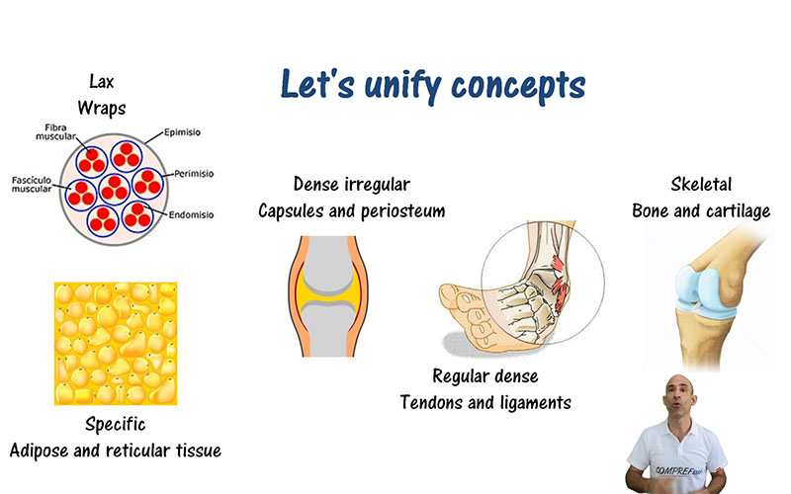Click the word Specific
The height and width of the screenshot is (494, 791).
(116, 426)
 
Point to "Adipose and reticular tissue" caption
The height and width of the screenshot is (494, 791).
(116, 451)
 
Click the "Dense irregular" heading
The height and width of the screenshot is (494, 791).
(351, 185)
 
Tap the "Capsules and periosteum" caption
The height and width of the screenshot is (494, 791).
(351, 209)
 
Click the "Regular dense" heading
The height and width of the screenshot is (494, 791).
(484, 376)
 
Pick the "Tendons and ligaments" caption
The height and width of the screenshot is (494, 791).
(484, 402)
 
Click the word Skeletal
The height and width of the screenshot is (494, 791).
(701, 185)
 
